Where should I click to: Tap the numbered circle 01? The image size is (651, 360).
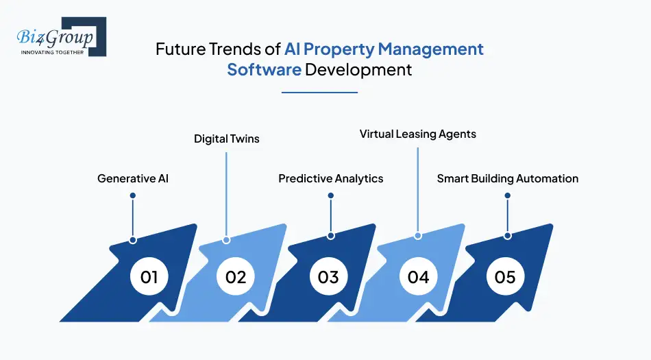click(149, 277)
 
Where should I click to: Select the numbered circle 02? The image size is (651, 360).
click(236, 277)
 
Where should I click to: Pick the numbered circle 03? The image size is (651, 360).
click(328, 277)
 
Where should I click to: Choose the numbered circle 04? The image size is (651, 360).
click(418, 277)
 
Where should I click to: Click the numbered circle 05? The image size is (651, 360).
click(505, 277)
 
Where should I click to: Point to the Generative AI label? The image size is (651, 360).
click(133, 178)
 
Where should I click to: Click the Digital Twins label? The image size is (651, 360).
click(227, 139)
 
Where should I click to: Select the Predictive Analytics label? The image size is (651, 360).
click(331, 178)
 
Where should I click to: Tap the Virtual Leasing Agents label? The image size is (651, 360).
click(418, 134)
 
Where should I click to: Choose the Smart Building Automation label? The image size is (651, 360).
click(508, 178)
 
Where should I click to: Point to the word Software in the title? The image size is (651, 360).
click(265, 70)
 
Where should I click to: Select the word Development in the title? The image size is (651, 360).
click(359, 70)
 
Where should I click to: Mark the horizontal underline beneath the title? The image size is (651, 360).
click(320, 92)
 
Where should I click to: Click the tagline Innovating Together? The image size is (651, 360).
click(52, 51)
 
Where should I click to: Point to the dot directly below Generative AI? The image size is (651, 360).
click(133, 195)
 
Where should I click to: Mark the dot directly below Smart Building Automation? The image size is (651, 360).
click(508, 195)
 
